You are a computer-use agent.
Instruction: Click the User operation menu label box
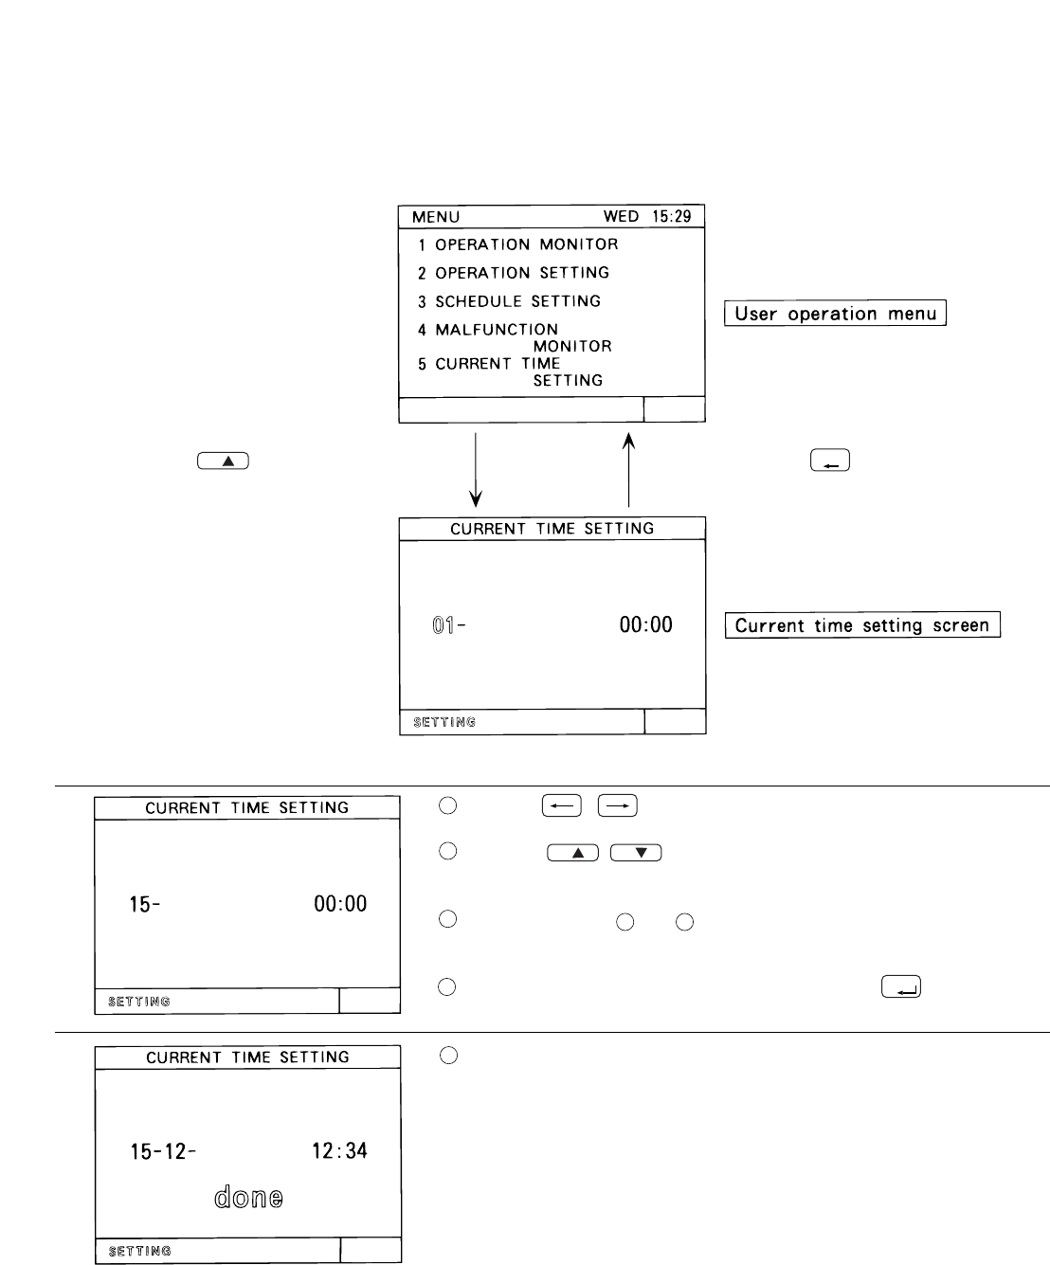pyautogui.click(x=835, y=314)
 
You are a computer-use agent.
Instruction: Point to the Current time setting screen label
pyautogui.click(x=862, y=625)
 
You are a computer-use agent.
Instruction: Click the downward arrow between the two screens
pyautogui.click(x=477, y=469)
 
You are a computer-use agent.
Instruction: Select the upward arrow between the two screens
pyautogui.click(x=628, y=469)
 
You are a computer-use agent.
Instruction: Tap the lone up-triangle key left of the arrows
pyautogui.click(x=224, y=461)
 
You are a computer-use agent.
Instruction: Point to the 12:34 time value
pyautogui.click(x=340, y=1151)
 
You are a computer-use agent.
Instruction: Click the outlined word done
pyautogui.click(x=248, y=1198)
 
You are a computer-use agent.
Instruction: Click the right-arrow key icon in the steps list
pyautogui.click(x=621, y=806)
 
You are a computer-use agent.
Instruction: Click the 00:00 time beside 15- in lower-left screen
pyautogui.click(x=340, y=904)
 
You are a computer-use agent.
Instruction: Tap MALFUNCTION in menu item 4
pyautogui.click(x=497, y=330)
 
